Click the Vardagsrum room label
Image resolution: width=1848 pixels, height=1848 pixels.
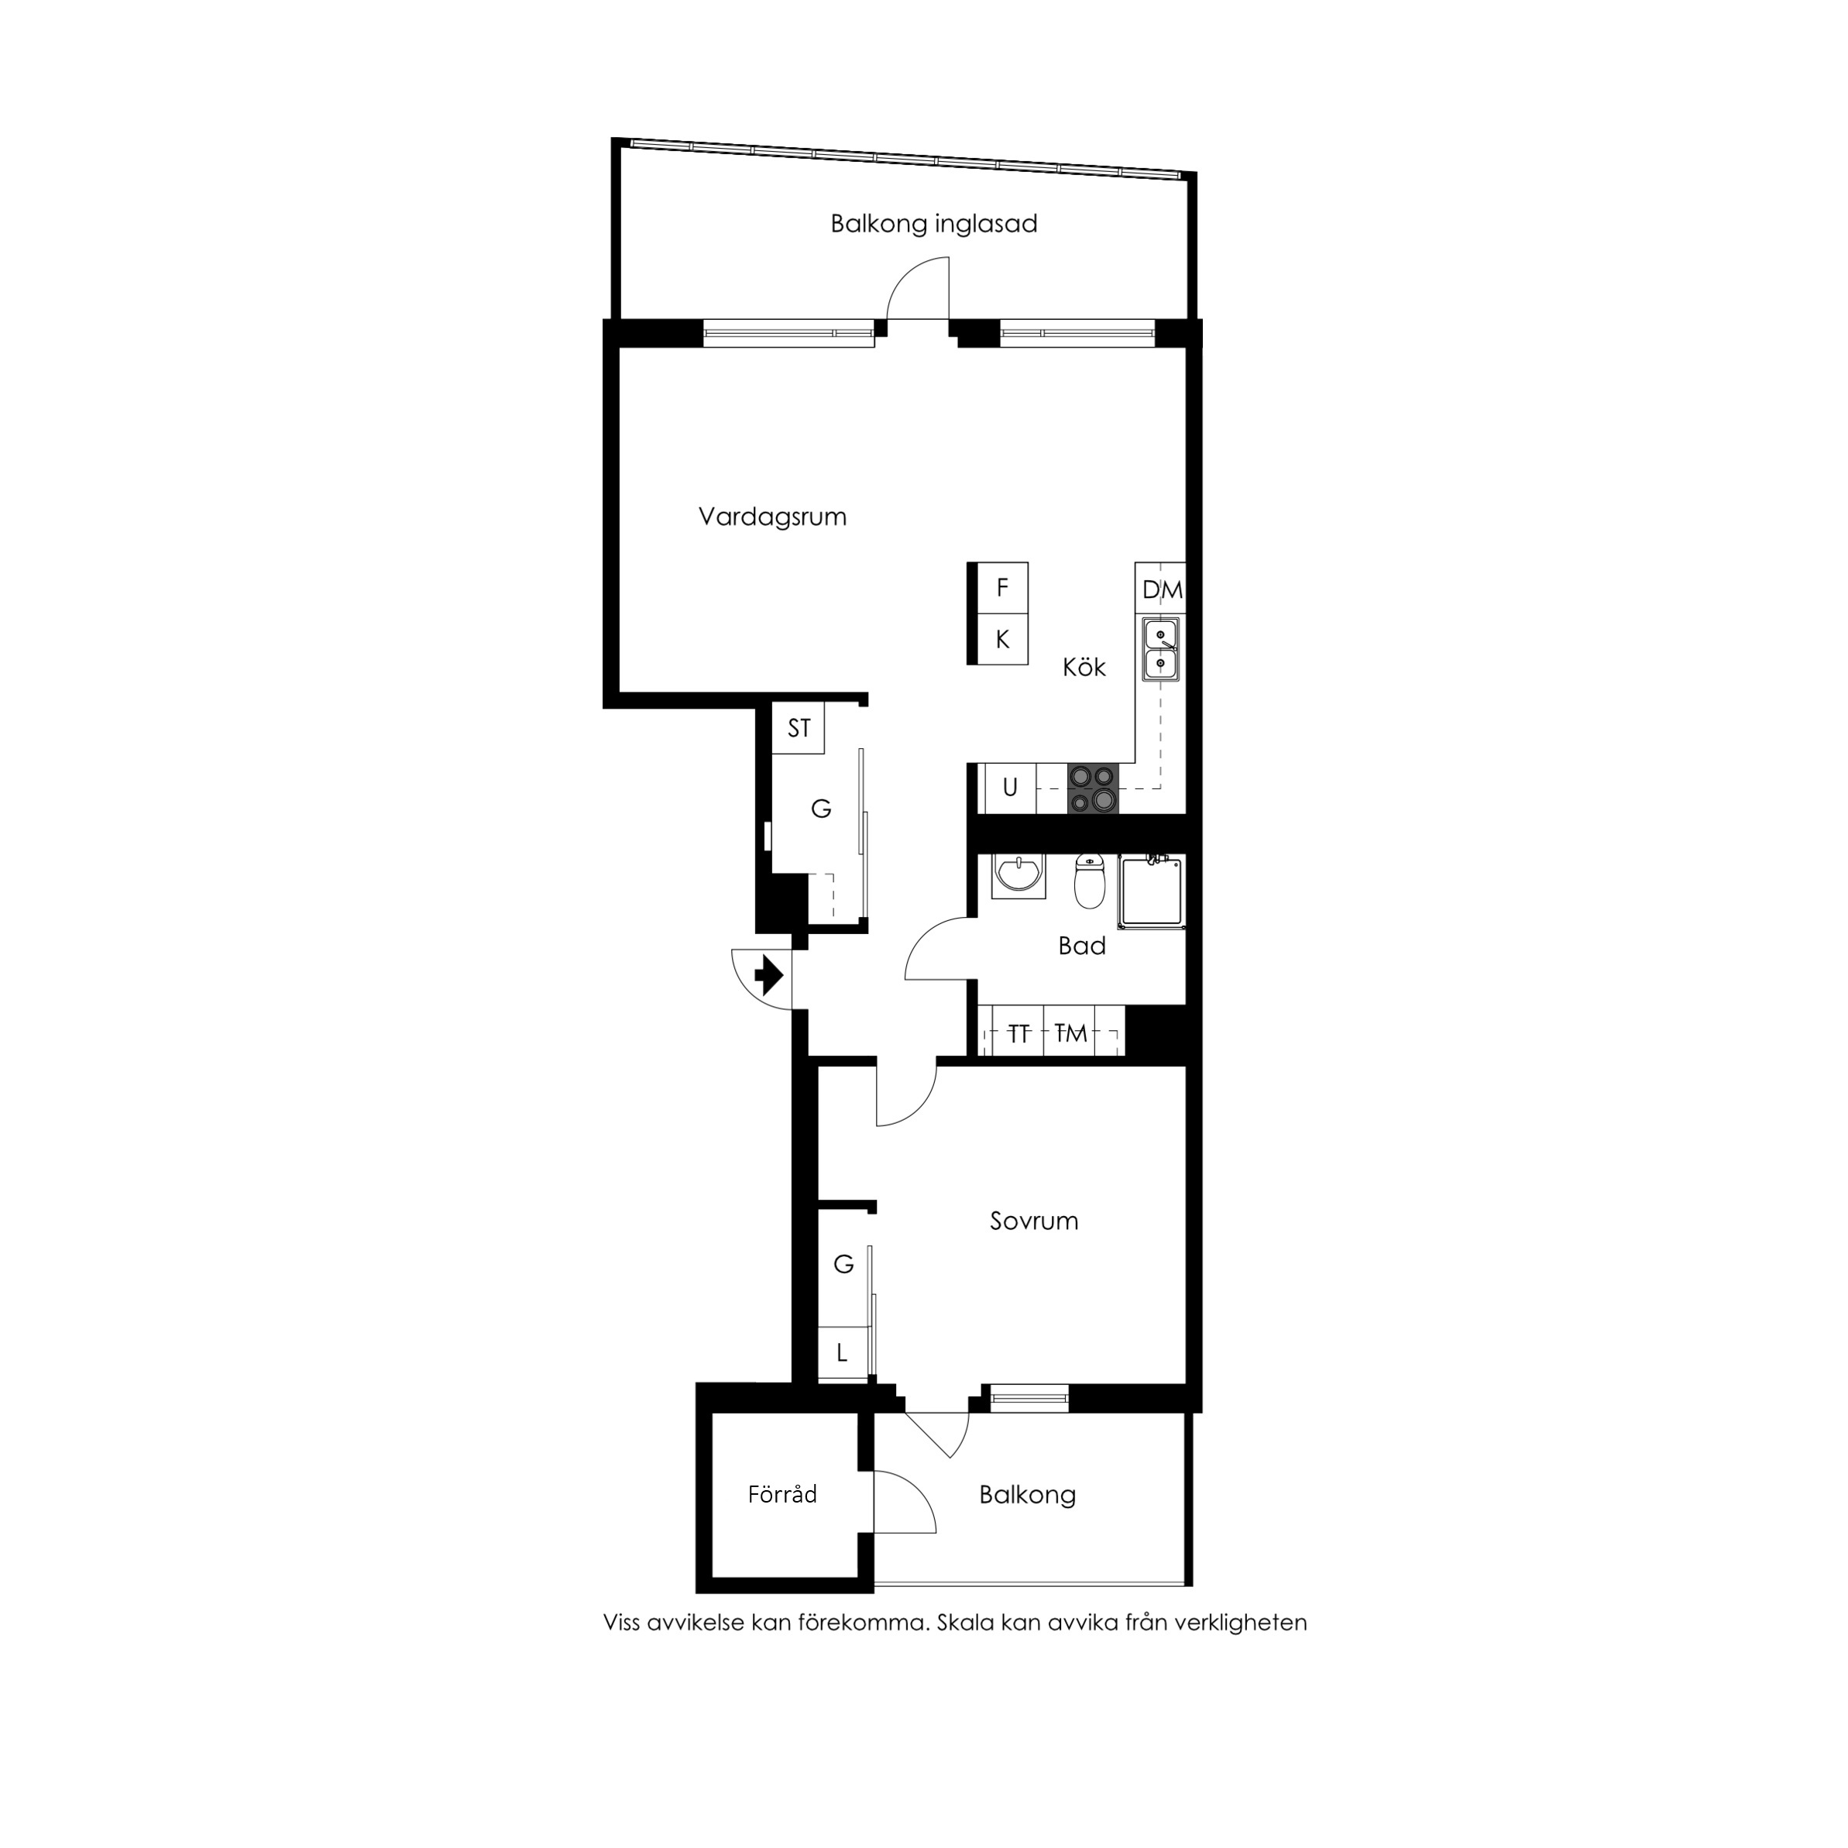coord(772,517)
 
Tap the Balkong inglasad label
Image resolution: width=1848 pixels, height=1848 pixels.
coord(933,224)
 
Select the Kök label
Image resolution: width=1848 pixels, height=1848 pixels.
coord(1084,668)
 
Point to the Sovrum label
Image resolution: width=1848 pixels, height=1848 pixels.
coord(1033,1221)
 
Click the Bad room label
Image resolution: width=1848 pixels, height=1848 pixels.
coord(1081,946)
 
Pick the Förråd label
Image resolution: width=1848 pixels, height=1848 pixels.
coord(781,1494)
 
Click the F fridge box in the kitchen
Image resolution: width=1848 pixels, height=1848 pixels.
coord(1001,587)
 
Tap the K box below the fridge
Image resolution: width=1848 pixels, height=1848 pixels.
coord(1001,639)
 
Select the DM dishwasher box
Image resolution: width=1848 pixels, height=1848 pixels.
coord(1161,589)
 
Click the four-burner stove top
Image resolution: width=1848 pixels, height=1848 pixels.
coord(1092,789)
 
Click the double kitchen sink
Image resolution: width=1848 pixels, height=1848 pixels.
coord(1160,648)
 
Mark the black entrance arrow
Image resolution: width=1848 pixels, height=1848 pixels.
coord(769,977)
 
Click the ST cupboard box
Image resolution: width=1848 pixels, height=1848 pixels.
coord(799,729)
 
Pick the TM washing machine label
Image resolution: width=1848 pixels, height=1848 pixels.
coord(1070,1033)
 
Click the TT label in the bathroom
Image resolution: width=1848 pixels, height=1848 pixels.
coord(1018,1033)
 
